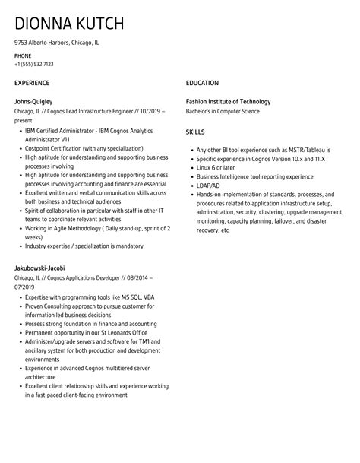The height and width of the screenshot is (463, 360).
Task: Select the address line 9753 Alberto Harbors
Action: coord(57,43)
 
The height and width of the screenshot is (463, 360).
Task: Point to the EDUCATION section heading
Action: coord(202,83)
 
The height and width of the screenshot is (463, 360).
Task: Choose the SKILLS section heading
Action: coord(196,132)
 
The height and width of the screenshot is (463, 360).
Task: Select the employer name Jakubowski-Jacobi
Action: coord(39,268)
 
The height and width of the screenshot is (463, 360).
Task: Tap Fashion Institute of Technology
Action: coord(228,101)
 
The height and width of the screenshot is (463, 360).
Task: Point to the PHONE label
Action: coord(23,55)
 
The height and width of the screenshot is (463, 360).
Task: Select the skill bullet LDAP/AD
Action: coord(209,185)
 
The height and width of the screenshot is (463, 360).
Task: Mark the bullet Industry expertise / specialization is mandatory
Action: coord(84,246)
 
